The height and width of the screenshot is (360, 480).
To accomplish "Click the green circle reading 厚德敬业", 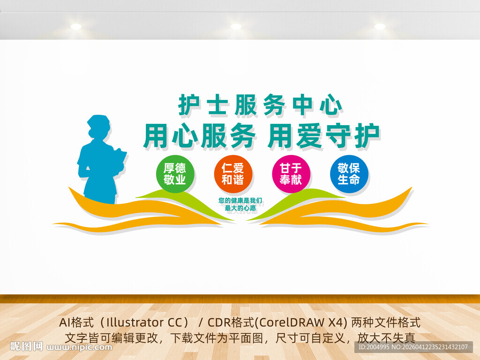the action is (175, 174).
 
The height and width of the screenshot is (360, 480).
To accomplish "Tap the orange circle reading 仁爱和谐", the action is (233, 174).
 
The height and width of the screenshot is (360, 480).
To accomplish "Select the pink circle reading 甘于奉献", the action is (291, 174).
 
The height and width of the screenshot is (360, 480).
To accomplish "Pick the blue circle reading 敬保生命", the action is (349, 174).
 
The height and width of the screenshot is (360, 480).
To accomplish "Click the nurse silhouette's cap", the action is (98, 121).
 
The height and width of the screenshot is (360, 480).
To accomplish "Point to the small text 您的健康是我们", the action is (240, 201).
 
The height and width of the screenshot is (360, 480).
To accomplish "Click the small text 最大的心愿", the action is (240, 209).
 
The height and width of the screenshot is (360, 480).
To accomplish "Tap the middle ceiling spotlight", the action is (236, 26).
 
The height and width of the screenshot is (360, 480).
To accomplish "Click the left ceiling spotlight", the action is (75, 26).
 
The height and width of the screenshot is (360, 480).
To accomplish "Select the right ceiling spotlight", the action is (380, 26).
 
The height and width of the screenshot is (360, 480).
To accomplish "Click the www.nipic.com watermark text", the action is (79, 347).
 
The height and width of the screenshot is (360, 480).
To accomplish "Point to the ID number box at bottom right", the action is (413, 347).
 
